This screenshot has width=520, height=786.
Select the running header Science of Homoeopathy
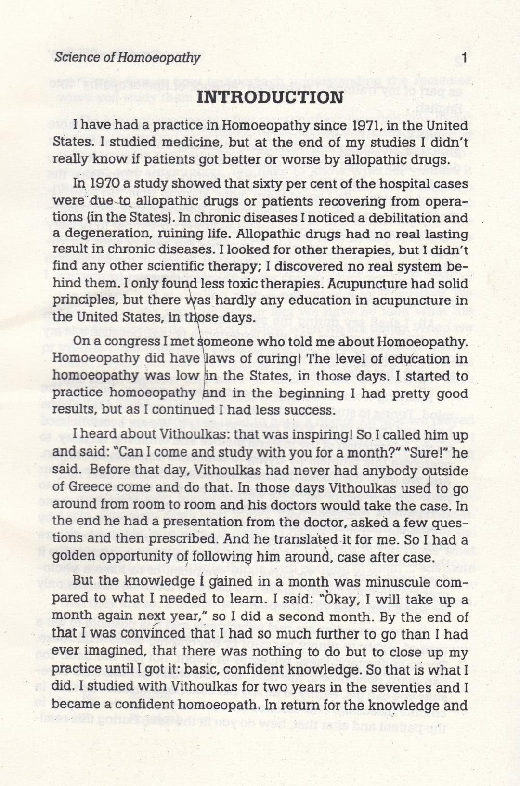pos(127,58)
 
